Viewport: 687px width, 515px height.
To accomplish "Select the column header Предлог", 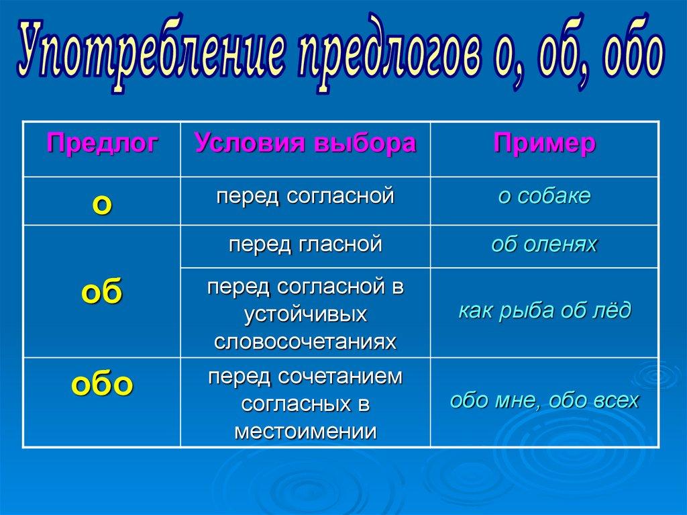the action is [103, 142].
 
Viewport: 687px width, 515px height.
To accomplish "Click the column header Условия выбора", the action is [305, 142].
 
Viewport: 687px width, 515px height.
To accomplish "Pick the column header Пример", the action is [545, 143].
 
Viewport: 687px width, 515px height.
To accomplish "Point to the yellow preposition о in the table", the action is [102, 204].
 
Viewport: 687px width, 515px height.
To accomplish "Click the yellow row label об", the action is [102, 291].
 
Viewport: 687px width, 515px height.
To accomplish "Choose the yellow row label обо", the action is [102, 384].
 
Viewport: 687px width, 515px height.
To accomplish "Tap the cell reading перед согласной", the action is [305, 196].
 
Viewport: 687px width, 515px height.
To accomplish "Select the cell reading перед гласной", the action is [305, 244].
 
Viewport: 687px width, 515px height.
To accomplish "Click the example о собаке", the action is [544, 195].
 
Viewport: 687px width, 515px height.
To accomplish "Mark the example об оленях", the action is [544, 244].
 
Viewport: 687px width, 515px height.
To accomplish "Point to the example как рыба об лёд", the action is [545, 310].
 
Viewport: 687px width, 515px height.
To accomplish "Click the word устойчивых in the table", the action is [305, 314].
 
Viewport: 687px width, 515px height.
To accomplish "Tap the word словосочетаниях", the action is [305, 342].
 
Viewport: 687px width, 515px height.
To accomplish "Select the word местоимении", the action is [305, 432].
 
